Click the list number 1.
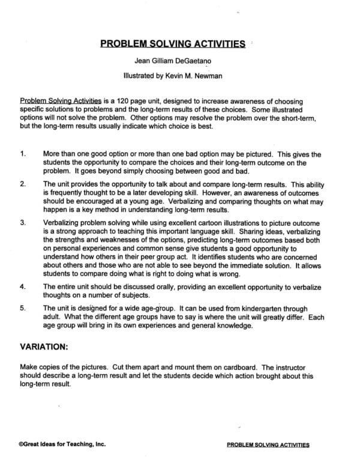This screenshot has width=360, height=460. coord(22,154)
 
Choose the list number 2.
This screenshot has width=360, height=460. coord(22,184)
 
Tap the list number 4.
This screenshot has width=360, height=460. coord(22,287)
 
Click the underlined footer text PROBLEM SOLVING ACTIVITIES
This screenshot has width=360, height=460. coord(269,446)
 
